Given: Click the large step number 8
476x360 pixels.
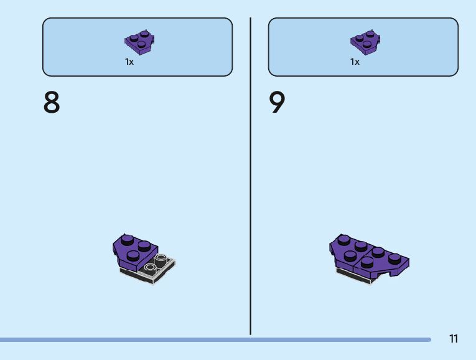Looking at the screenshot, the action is coord(52,103).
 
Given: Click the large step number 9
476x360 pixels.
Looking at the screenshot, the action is coord(277,103).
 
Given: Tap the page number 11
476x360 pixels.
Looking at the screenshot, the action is coord(453,339).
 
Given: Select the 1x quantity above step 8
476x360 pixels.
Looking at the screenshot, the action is coord(129,62).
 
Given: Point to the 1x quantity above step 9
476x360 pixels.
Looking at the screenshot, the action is coord(355,62).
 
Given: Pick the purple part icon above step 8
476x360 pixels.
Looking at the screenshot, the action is coord(139,42).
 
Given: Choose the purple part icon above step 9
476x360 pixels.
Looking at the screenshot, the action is coord(365,42).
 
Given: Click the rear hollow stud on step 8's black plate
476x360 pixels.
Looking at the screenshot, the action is coord(161,257).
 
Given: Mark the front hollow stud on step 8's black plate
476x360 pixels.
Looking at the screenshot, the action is coord(149,268).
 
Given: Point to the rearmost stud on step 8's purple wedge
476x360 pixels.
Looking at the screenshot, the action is coord(128,239).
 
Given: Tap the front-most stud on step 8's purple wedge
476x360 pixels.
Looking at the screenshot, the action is coord(132,255).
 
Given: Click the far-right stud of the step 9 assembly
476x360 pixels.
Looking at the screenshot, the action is coord(394,257).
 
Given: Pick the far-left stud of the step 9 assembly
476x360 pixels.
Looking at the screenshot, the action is coord(343,239).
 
